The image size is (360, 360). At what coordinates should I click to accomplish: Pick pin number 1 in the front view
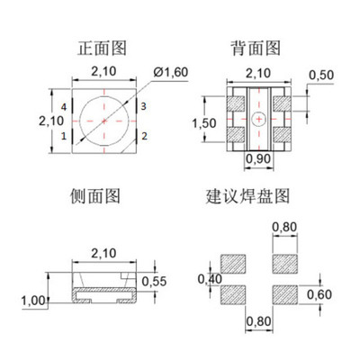[x=64, y=137]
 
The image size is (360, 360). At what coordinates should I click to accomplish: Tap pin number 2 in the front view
[x=144, y=137]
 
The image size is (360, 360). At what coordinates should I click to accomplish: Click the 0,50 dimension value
[x=320, y=75]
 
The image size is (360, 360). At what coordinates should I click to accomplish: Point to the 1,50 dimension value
[x=205, y=121]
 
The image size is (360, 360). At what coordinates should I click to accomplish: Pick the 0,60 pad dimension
[x=319, y=293]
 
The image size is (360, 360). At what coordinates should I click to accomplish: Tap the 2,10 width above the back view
[x=257, y=74]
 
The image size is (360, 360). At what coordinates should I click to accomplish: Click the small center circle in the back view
[x=257, y=119]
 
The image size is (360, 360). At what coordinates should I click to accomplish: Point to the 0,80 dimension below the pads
[x=257, y=319]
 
